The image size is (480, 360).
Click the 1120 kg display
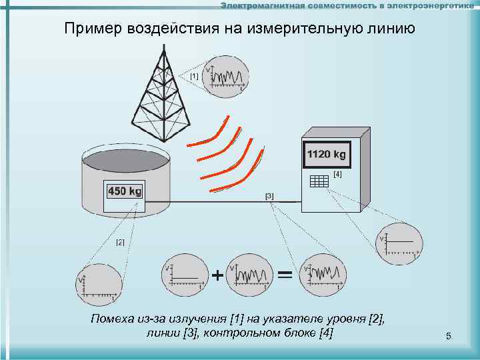pos(326,155)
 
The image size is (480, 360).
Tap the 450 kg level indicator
pos(125,191)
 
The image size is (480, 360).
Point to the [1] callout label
pos(194,77)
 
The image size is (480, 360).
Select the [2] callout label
pos(121,241)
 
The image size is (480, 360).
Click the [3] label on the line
pos(269,195)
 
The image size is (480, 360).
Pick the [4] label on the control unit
pos(337,174)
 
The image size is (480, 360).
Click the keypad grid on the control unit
pos(319,181)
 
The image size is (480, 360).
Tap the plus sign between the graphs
pos(217,275)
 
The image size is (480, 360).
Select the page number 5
pos(449,337)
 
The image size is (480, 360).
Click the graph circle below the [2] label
pos(99,283)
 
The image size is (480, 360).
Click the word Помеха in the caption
pos(113,319)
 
